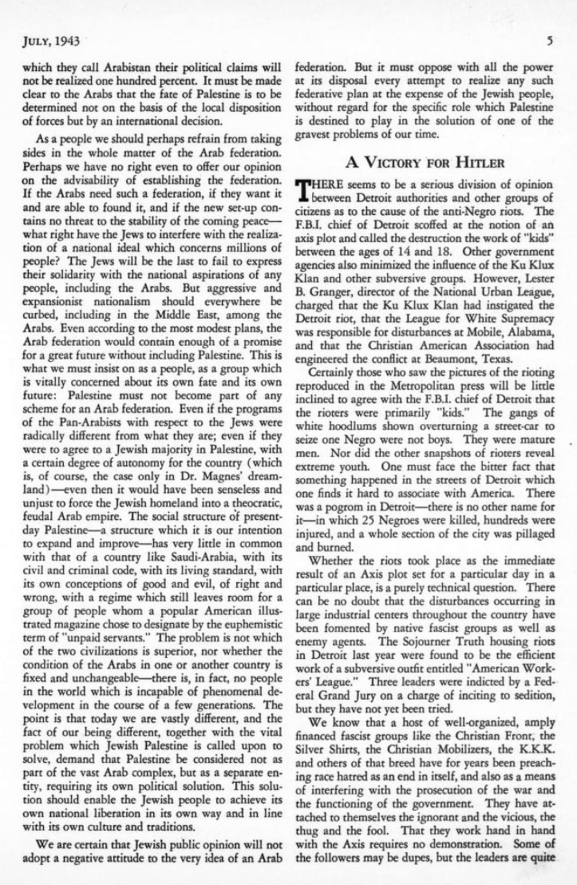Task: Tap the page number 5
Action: click(x=550, y=38)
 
